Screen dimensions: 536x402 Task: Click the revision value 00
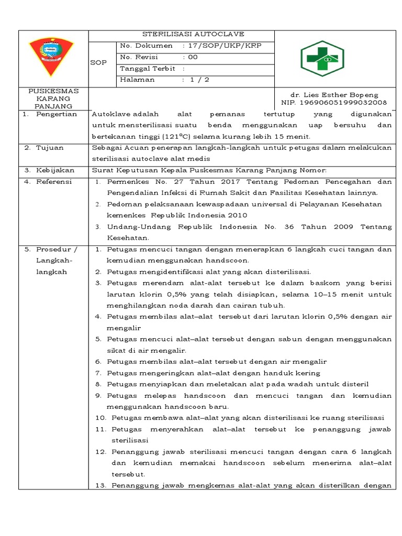[x=193, y=57]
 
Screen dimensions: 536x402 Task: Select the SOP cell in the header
[x=98, y=62]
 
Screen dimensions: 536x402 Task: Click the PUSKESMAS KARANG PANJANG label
[x=53, y=98]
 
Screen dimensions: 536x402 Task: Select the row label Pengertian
[x=57, y=114]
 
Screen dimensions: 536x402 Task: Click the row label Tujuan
[x=50, y=148]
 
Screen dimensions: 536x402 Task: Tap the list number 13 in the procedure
[x=100, y=485]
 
